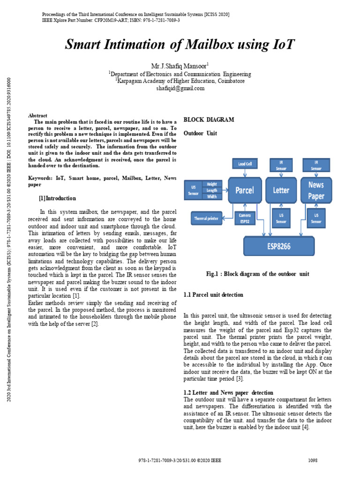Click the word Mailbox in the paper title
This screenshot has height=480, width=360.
pos(200,45)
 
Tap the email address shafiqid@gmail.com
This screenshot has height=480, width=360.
pos(180,88)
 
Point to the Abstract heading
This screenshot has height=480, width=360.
pos(38,115)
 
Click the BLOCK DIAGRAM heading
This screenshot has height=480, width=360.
pos(208,120)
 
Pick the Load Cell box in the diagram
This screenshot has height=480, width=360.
pos(245,164)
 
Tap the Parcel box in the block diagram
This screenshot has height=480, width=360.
pos(245,190)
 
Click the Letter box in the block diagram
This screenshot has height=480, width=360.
pos(281,190)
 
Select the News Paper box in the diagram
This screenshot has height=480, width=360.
pos(316,190)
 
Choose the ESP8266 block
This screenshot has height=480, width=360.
pos(278,246)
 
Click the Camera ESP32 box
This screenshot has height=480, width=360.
pos(245,218)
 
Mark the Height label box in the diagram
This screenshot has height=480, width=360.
pos(212,184)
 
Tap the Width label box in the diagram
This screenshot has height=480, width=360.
pos(212,196)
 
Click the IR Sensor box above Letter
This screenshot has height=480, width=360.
pos(281,165)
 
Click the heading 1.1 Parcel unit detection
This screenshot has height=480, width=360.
pos(213,295)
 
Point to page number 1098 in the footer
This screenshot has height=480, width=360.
pos(313,461)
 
